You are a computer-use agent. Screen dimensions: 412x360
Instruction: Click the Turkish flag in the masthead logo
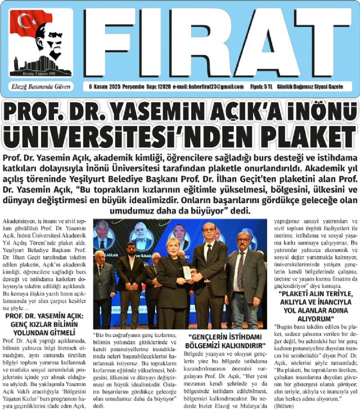pos(26,23)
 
